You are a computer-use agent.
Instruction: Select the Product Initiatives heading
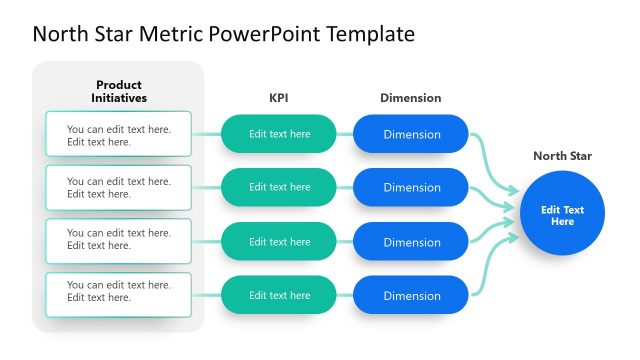click(x=119, y=91)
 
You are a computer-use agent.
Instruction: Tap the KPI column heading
click(x=279, y=98)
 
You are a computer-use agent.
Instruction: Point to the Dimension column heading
click(x=410, y=98)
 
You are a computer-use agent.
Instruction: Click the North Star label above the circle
click(x=562, y=155)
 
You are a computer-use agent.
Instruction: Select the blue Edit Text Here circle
click(x=562, y=215)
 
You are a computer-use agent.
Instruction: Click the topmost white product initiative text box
click(x=118, y=134)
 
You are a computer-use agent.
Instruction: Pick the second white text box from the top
click(x=118, y=187)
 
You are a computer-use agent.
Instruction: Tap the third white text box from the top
click(x=118, y=240)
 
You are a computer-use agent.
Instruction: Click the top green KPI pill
click(x=279, y=134)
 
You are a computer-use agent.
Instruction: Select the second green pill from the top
click(x=279, y=187)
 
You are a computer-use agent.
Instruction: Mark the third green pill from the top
click(x=279, y=241)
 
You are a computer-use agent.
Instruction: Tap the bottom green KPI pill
click(x=279, y=295)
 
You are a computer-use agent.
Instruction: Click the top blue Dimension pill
click(x=411, y=134)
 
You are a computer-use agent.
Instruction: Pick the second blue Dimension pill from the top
click(x=411, y=187)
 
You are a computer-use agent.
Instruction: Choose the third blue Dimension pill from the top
click(x=411, y=241)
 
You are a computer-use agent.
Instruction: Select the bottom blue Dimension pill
click(x=411, y=295)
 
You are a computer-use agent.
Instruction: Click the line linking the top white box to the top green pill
click(x=206, y=134)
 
